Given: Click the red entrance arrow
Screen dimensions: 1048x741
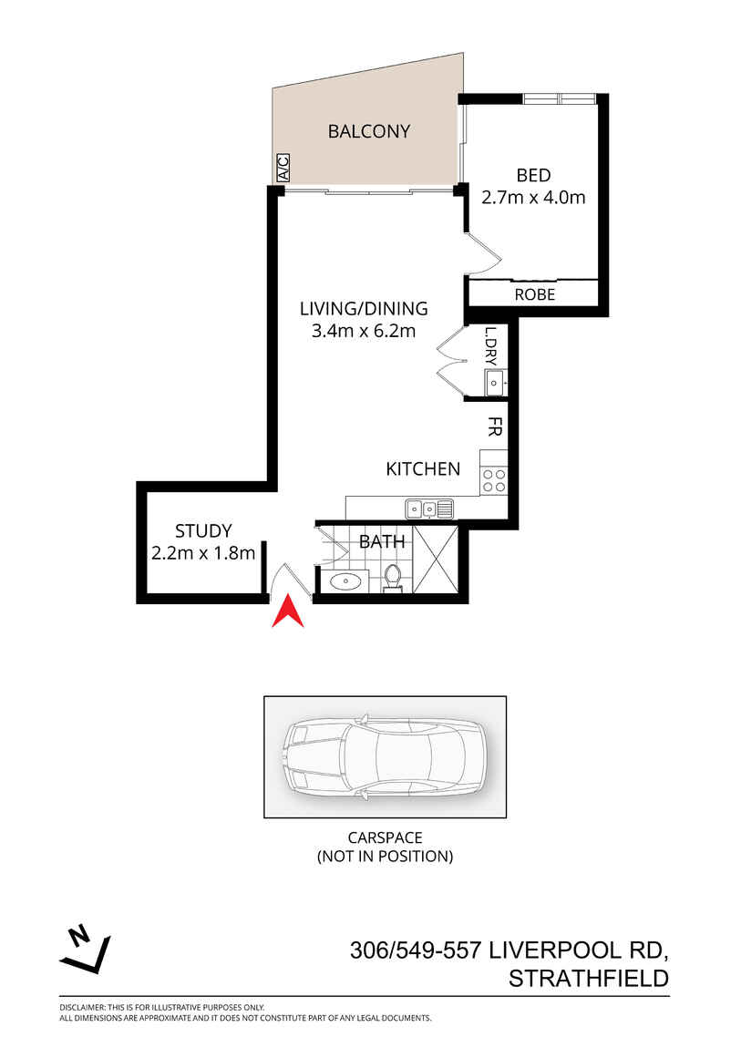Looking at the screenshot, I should (289, 611).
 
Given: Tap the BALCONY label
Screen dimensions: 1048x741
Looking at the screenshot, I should (369, 131).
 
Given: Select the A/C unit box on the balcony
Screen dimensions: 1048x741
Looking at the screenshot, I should (282, 168).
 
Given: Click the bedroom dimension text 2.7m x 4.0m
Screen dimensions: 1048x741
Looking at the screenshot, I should (533, 196).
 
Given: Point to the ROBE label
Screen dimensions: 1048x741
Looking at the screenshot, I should (534, 294).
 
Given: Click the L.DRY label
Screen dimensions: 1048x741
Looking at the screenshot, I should (490, 346).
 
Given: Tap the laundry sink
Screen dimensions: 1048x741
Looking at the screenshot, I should (494, 384).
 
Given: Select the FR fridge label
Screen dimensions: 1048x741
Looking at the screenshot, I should (494, 427).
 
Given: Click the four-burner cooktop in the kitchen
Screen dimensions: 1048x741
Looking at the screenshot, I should (494, 480).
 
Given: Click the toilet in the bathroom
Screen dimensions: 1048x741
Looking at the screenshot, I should (393, 577).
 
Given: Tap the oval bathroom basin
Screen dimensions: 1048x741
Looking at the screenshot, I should (345, 581).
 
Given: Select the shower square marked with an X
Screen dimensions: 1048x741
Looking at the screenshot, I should (435, 559).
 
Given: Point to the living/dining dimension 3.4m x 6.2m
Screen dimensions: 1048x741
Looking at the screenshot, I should (364, 331).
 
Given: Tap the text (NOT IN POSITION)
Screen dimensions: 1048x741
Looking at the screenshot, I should (385, 856).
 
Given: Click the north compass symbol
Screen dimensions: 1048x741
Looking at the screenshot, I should (85, 949).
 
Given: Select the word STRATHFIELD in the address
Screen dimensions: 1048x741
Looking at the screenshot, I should (589, 979).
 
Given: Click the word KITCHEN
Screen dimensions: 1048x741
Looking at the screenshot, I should (423, 469).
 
